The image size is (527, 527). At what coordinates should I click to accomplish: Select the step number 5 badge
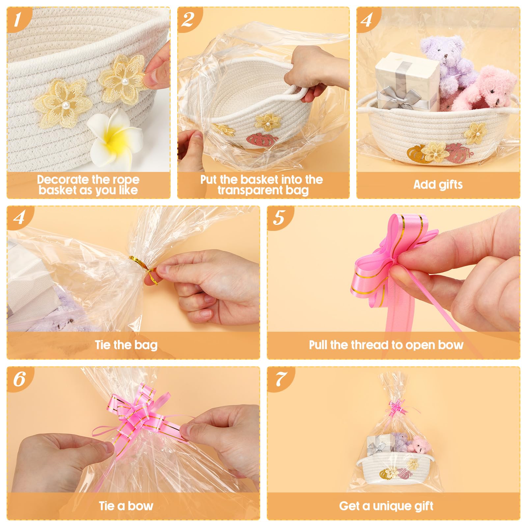pyautogui.click(x=279, y=218)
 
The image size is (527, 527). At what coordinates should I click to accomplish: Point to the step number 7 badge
pyautogui.click(x=279, y=379)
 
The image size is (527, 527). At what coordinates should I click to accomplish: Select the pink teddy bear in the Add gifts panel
pyautogui.click(x=487, y=89)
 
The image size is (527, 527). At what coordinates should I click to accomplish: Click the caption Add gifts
pyautogui.click(x=438, y=184)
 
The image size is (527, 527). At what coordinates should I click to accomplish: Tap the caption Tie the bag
pyautogui.click(x=126, y=345)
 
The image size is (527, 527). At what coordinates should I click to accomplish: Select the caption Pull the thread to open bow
pyautogui.click(x=386, y=345)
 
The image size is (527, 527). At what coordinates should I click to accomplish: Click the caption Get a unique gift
pyautogui.click(x=386, y=506)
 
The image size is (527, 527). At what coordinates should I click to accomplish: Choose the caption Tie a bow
pyautogui.click(x=126, y=506)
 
